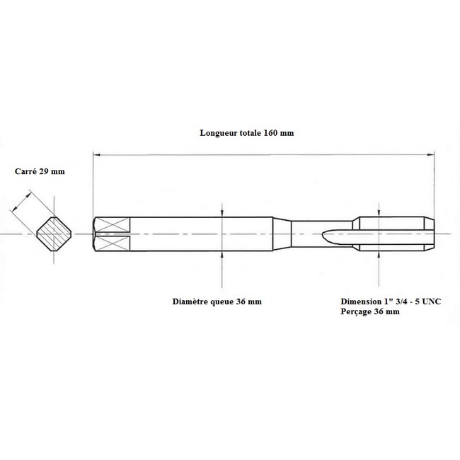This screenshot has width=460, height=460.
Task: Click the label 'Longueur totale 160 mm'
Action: [x=247, y=133]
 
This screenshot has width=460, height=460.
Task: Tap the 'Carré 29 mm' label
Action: [x=40, y=171]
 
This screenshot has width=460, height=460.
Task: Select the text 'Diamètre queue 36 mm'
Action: [x=217, y=301]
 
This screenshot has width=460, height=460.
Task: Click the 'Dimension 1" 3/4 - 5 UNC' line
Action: [x=391, y=301]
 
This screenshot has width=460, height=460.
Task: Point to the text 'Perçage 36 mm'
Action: [x=370, y=311]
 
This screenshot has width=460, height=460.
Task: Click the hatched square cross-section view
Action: [x=54, y=234]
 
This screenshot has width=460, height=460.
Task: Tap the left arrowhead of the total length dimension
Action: [x=97, y=154]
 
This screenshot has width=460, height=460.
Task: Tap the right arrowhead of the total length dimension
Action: [x=430, y=154]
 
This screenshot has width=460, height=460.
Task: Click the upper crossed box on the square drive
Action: [x=113, y=225]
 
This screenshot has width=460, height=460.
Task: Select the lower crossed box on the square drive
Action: [x=113, y=243]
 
